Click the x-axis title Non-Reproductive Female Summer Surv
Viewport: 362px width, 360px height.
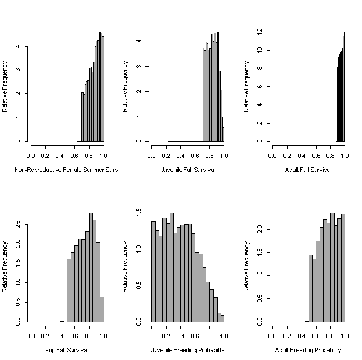(x=66, y=170)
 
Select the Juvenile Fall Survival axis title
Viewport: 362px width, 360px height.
(x=187, y=170)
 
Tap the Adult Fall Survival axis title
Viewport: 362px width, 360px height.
(x=308, y=170)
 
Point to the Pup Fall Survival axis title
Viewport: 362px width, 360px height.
(x=66, y=351)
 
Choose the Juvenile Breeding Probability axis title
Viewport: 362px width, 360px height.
(x=187, y=351)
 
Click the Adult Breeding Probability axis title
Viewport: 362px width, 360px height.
(x=308, y=351)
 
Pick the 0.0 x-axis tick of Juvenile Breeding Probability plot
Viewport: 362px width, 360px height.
(x=151, y=337)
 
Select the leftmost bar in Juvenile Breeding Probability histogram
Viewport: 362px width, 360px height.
(x=154, y=272)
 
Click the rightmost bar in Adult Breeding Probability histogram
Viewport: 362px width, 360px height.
(x=343, y=268)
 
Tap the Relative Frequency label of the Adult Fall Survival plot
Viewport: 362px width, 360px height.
(x=247, y=86)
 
